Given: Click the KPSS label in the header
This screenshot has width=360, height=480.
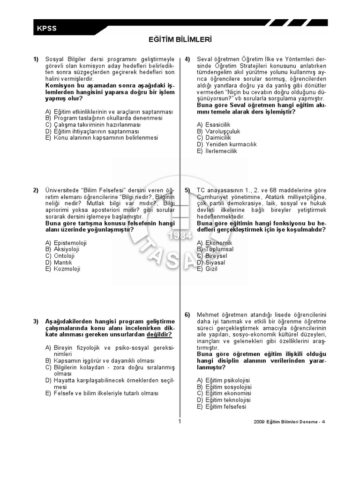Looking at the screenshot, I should tap(46, 29).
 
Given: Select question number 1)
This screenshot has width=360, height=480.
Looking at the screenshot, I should tap(36, 59).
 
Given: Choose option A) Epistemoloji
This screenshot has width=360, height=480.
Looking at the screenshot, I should tap(66, 243).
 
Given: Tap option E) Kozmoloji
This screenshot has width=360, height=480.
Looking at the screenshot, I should tap(63, 269).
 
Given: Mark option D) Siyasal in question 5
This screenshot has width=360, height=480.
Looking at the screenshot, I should tap(211, 262).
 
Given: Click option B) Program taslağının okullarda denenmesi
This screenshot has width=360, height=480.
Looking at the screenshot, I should tap(104, 119).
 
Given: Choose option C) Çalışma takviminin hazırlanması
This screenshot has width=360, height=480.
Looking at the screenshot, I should tap(93, 125).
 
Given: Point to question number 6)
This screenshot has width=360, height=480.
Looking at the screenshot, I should tap(187, 315).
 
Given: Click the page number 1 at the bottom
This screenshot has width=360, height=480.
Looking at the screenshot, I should tap(180, 421).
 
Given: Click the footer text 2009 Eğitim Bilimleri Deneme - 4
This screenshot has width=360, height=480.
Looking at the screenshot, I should tap(289, 421).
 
